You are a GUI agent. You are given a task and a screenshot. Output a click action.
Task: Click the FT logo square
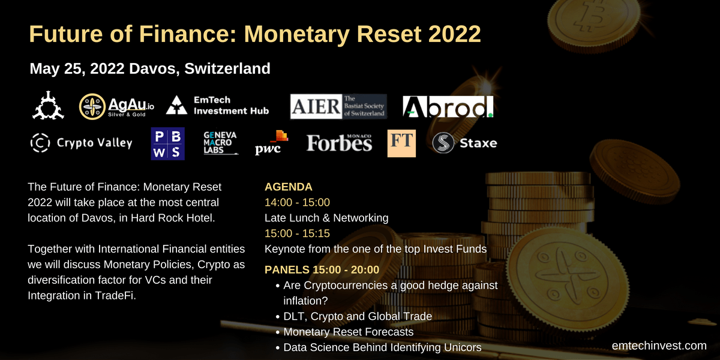pos(401,143)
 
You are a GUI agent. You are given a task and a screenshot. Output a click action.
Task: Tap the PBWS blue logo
pos(168,143)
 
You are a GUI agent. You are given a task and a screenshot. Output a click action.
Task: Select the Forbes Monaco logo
pos(339,143)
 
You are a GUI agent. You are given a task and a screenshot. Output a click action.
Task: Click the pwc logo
pos(272,143)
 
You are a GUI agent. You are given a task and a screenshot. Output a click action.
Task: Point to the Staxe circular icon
pos(443,143)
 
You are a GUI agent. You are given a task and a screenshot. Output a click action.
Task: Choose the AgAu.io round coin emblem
pos(92,106)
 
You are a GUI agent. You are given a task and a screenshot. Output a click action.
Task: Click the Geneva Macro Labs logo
pos(221,143)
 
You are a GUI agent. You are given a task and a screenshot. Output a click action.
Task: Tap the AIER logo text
pos(316,106)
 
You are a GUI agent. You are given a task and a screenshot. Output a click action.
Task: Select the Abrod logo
pos(448,106)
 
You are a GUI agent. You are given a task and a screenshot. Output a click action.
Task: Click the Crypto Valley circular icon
pos(40,143)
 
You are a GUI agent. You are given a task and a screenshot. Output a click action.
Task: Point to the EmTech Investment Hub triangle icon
pos(176,105)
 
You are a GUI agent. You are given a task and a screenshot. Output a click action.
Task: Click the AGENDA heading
pos(289,187)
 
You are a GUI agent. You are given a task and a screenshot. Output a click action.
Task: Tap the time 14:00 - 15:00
pos(297,202)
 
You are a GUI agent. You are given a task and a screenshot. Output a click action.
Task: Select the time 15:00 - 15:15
pos(297,233)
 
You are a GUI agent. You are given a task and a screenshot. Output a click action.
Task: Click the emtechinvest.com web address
pos(659,346)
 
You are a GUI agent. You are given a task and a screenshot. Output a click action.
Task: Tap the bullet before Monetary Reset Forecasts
pos(278,332)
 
